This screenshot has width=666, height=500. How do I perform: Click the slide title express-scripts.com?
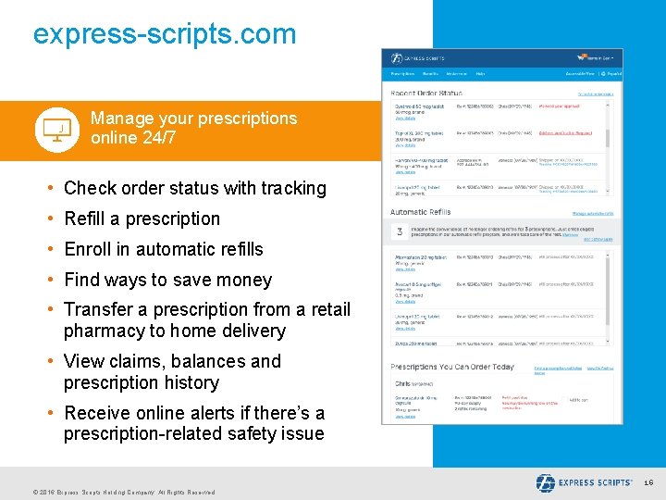pyautogui.click(x=165, y=34)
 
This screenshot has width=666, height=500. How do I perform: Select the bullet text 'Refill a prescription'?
pyautogui.click(x=142, y=219)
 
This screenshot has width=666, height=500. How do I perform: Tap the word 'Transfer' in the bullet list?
pyautogui.click(x=98, y=309)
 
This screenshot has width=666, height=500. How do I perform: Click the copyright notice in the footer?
pyautogui.click(x=123, y=492)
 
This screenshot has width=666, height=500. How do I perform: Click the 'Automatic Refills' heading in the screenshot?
pyautogui.click(x=421, y=212)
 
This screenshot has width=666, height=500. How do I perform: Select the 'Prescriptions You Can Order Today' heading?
pyautogui.click(x=452, y=367)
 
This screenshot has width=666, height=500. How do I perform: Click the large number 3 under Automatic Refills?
pyautogui.click(x=399, y=231)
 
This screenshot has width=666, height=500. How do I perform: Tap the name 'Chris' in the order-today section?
pyautogui.click(x=402, y=382)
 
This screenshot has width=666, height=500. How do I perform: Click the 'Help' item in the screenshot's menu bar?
pyautogui.click(x=480, y=73)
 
